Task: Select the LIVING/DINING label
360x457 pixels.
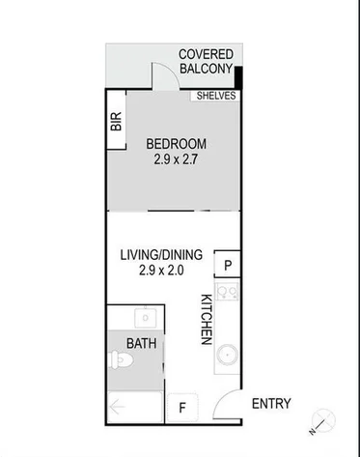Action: tap(160, 255)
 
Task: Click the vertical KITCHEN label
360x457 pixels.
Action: tap(206, 319)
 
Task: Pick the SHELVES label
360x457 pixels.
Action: tap(215, 96)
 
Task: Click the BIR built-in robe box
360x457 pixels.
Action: tap(116, 121)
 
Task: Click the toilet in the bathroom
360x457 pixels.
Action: tap(121, 362)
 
